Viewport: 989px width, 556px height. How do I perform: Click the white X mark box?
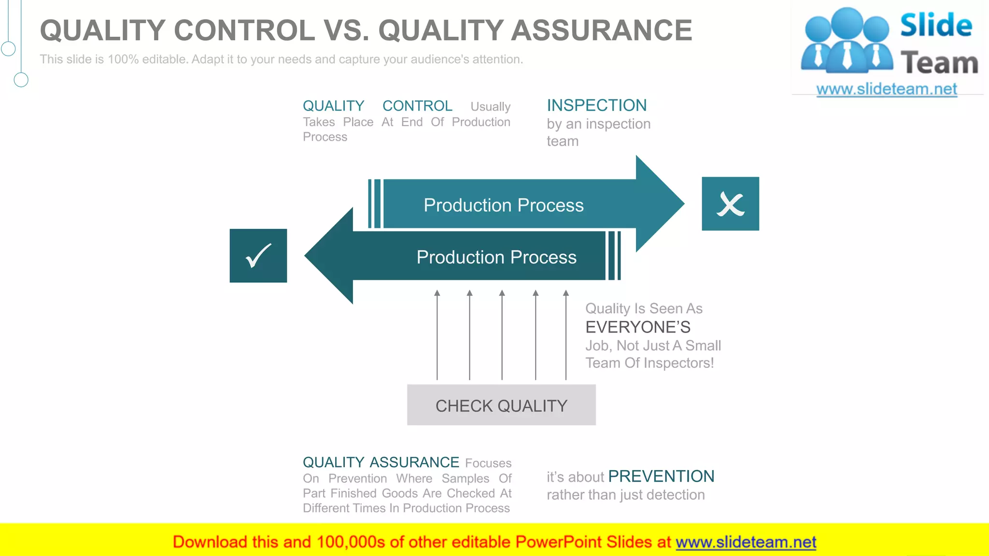(730, 204)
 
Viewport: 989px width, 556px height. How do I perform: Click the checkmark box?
(258, 256)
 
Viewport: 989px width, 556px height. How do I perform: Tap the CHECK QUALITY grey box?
(501, 405)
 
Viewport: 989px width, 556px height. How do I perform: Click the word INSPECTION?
(596, 105)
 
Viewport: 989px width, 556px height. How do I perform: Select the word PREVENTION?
(661, 476)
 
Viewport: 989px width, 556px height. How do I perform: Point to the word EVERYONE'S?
(637, 327)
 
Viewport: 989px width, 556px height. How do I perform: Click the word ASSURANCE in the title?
(601, 30)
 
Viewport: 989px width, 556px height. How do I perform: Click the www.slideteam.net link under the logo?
(886, 89)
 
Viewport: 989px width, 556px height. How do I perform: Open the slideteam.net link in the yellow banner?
(746, 542)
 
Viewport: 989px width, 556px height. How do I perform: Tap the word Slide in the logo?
(936, 25)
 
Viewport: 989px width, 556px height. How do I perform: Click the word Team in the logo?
(939, 63)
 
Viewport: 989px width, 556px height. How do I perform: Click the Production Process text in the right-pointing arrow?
(503, 205)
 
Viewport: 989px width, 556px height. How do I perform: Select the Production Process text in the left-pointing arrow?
(496, 257)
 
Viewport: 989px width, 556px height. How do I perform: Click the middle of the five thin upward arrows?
(502, 335)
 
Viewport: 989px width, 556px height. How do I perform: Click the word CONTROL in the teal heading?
(417, 106)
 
